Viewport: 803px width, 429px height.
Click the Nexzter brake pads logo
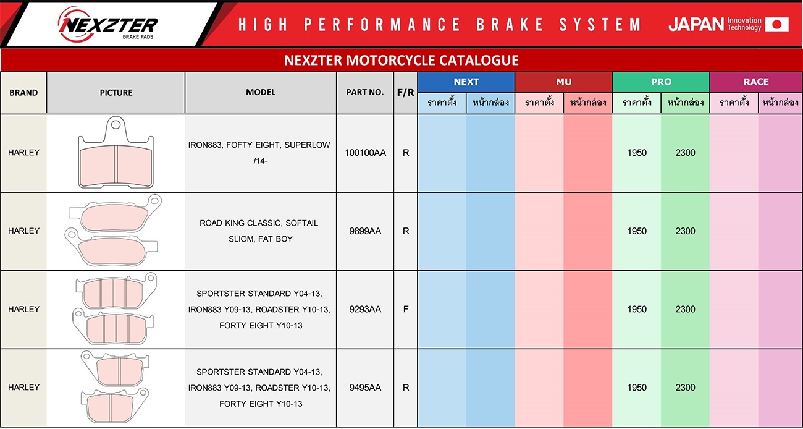coord(107,24)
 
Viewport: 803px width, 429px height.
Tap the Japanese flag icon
coord(776,24)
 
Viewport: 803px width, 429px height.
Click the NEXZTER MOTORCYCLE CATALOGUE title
coord(401,60)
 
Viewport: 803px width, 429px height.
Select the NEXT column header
coord(466,82)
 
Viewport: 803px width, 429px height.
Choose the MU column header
coord(563,82)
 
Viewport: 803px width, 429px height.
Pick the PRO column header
coord(661,82)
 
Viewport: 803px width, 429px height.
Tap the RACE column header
coord(756,82)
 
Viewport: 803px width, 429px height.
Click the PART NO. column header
coord(365,92)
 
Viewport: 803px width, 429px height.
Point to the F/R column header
coord(405,93)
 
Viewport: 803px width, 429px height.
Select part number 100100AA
coord(365,153)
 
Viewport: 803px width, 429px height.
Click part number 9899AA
coord(365,231)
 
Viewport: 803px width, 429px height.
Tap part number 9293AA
coord(365,309)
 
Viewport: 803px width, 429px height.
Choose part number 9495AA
coord(365,388)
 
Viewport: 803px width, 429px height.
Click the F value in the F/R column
coord(405,309)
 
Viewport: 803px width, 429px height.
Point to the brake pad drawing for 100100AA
coord(116,152)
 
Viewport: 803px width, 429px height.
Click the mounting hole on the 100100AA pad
coord(116,125)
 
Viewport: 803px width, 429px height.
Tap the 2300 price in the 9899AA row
coord(685,231)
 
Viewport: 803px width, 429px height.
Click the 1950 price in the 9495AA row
coord(637,388)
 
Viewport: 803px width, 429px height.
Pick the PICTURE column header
coord(116,93)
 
